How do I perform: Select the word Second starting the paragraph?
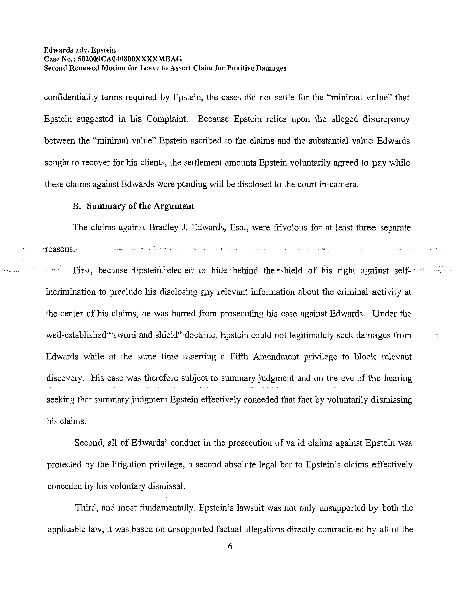89,443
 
